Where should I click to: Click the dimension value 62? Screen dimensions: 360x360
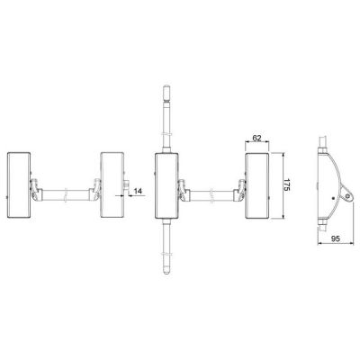(x=256, y=139)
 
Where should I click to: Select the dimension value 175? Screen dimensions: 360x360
(x=287, y=185)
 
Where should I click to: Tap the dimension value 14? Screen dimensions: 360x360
(x=138, y=191)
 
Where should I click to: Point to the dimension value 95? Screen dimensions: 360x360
(x=336, y=238)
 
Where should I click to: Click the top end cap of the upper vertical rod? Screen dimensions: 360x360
(x=166, y=89)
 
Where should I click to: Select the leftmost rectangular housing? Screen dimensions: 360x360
(x=19, y=185)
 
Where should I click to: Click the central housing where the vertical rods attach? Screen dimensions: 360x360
(x=166, y=185)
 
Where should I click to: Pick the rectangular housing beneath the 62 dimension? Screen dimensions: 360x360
(x=257, y=185)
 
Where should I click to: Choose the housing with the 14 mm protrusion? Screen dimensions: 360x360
(x=112, y=185)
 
